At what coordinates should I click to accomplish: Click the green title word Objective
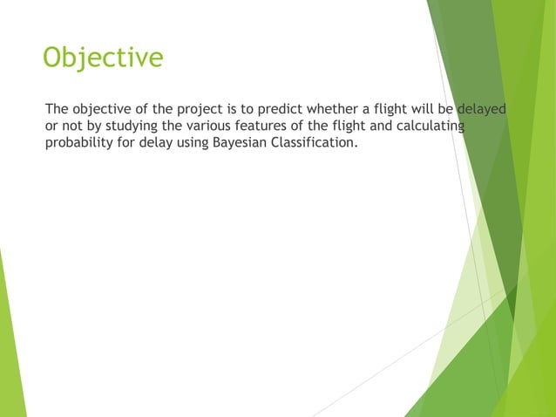click(x=103, y=58)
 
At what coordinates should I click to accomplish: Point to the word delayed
click(x=482, y=109)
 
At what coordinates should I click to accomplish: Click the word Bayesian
click(x=240, y=145)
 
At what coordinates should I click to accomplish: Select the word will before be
click(x=416, y=109)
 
